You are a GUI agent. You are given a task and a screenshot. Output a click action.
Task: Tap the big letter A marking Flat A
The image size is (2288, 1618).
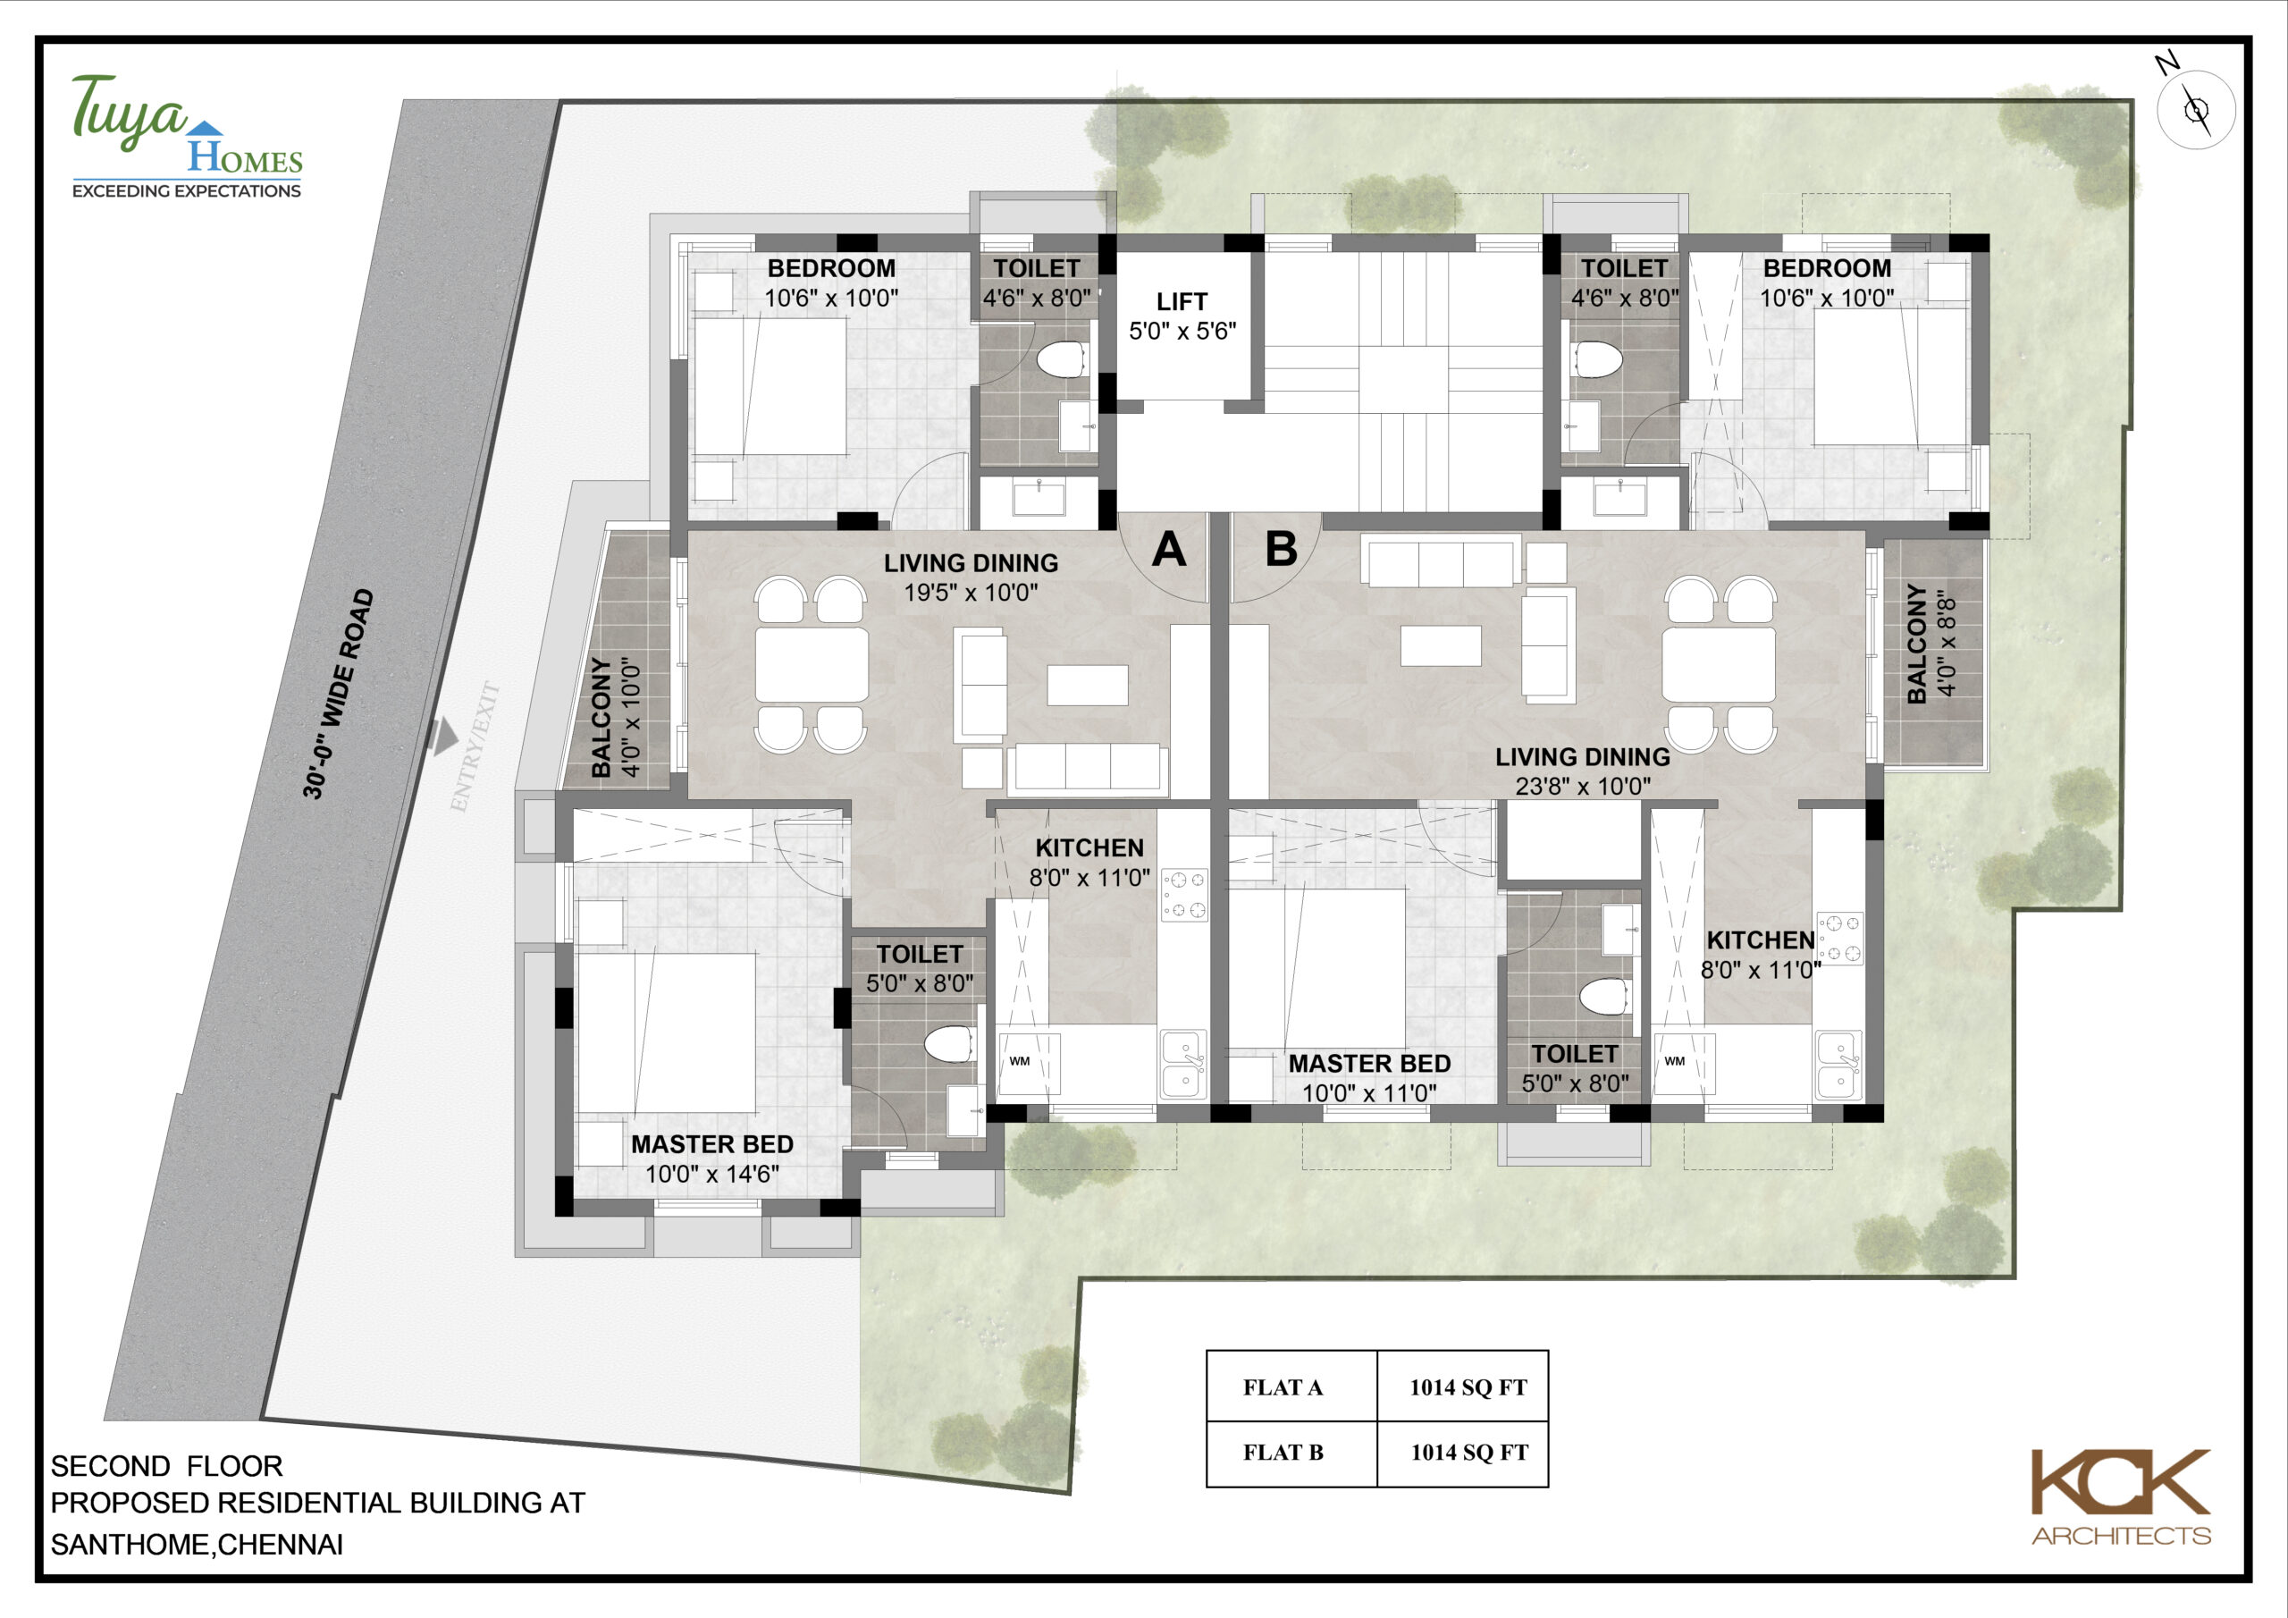tap(1169, 549)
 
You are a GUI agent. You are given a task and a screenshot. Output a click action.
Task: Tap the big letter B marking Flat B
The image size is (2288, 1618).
tap(1282, 549)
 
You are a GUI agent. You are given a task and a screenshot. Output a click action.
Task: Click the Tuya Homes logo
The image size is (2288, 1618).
tap(187, 137)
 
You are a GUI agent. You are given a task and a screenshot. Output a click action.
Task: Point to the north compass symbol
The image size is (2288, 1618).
tap(2195, 109)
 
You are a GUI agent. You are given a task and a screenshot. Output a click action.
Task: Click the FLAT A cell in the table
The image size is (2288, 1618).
tap(1283, 1386)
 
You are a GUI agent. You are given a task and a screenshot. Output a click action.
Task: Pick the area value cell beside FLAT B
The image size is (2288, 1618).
tap(1468, 1453)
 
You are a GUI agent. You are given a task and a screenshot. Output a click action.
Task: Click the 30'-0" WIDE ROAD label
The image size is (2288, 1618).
tap(338, 694)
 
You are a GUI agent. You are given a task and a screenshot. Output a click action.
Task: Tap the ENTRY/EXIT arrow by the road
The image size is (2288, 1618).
tap(443, 737)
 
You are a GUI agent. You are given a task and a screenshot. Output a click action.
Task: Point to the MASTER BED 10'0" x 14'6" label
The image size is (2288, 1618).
tap(711, 1159)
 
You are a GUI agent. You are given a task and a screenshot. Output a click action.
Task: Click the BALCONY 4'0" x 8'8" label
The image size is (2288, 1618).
tap(1930, 643)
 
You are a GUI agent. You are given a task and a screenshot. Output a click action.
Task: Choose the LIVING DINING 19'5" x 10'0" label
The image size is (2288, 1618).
tap(971, 577)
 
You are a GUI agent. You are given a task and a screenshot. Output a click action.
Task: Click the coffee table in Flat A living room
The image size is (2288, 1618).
tap(1087, 685)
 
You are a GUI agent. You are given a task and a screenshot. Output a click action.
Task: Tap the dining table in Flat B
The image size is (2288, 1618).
tap(1719, 665)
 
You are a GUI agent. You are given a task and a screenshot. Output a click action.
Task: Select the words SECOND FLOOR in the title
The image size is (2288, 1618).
tap(166, 1465)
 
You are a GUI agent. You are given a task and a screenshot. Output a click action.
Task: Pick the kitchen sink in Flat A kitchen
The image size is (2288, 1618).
tap(1182, 1065)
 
